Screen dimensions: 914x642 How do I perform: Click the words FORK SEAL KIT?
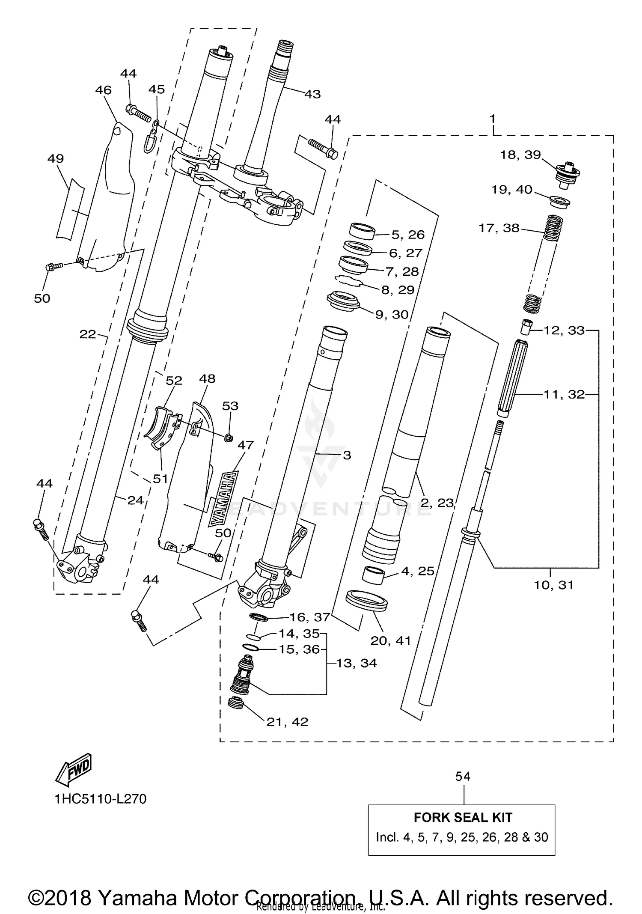[463, 817]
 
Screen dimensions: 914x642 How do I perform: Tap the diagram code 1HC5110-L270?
[100, 799]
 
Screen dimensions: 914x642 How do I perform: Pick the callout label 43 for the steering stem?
[312, 94]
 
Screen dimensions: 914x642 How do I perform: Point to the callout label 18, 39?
[520, 155]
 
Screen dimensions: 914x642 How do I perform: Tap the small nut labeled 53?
[229, 437]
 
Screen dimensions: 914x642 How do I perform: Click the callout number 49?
[56, 158]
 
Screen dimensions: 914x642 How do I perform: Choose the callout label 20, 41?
[390, 640]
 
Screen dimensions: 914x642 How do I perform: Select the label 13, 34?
[356, 663]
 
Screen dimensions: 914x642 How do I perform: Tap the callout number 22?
[88, 334]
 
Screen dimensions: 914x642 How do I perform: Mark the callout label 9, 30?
[392, 314]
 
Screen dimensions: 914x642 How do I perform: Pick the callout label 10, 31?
[553, 585]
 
